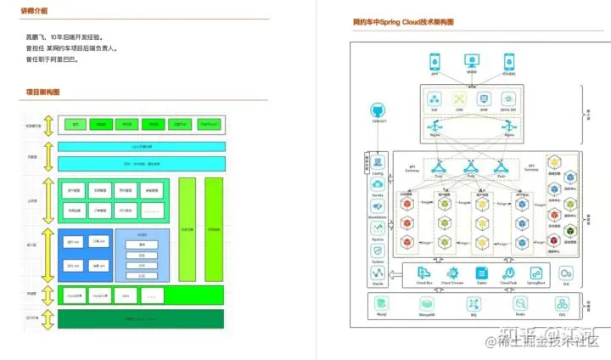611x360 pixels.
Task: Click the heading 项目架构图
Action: (42, 92)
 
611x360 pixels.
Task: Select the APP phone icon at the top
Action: (434, 61)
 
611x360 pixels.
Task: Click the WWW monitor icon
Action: (472, 61)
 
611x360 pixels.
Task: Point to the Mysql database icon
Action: (382, 303)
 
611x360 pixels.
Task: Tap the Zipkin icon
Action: (482, 273)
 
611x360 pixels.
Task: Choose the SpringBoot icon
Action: (535, 273)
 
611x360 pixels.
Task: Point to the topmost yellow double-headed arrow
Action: (48, 125)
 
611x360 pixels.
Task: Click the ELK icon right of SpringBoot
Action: (565, 273)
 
